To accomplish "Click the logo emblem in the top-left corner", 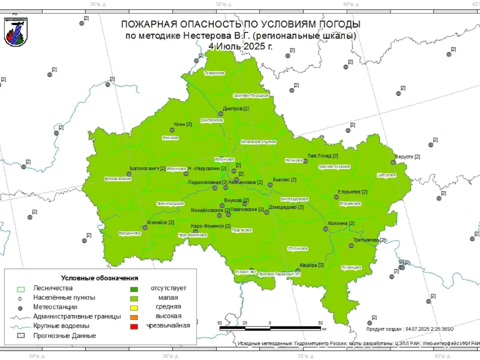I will (x=15, y=31).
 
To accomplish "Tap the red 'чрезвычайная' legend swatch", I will (x=134, y=326).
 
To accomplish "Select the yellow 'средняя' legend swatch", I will (x=134, y=307).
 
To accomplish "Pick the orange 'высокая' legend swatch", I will (x=134, y=317).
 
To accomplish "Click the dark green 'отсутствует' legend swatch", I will (x=134, y=288).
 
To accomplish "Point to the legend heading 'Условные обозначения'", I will (x=99, y=278).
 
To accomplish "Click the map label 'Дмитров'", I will (x=232, y=108).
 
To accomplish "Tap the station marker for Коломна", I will (x=325, y=229).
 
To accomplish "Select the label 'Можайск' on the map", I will (x=157, y=222).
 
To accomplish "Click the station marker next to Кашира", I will (x=298, y=271).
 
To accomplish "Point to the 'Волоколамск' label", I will (x=144, y=168).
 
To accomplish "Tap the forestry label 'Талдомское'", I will (x=214, y=73).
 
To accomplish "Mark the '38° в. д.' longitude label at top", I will (x=223, y=4).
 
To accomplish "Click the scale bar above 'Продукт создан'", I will (x=270, y=328).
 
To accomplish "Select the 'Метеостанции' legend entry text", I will (x=55, y=307).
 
